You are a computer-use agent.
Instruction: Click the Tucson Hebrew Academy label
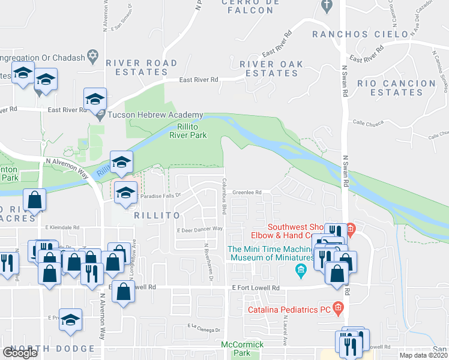click(x=155, y=115)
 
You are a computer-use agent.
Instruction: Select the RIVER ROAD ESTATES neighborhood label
click(x=141, y=68)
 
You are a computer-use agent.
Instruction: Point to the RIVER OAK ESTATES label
click(x=272, y=68)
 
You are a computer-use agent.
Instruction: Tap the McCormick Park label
click(x=242, y=349)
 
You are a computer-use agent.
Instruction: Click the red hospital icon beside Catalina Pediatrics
click(x=338, y=309)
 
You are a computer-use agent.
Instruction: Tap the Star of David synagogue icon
click(x=92, y=56)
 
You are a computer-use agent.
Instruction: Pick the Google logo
click(x=20, y=353)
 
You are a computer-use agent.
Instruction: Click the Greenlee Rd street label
click(x=247, y=193)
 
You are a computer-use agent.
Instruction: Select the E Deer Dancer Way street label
click(x=200, y=229)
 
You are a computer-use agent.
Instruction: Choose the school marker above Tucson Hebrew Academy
click(x=95, y=99)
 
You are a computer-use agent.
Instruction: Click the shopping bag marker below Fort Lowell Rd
click(x=123, y=292)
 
